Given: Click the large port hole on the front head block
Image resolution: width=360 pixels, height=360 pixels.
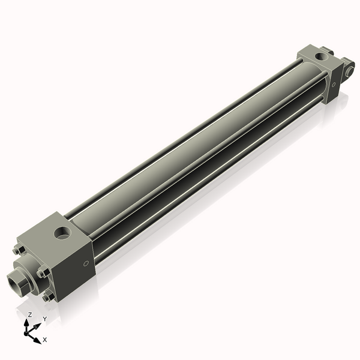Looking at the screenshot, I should point(62,232).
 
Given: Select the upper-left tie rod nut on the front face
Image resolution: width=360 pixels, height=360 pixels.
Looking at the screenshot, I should point(17,250).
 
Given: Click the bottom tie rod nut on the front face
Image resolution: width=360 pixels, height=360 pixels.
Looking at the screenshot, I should point(47,296).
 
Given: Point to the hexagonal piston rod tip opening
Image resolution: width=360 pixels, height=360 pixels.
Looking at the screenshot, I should point(16,278).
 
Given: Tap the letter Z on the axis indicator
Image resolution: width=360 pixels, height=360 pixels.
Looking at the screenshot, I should point(30,314).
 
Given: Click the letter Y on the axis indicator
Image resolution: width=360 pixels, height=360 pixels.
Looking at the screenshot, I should point(44,319).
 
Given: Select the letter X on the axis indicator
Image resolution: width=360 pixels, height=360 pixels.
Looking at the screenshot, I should point(45,340).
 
